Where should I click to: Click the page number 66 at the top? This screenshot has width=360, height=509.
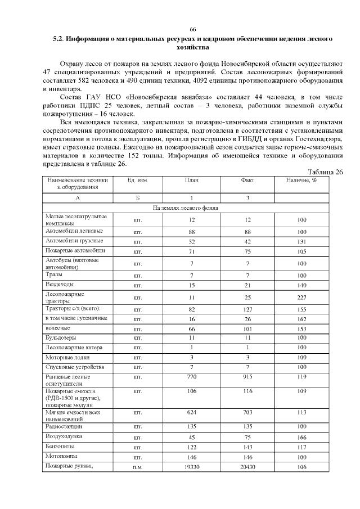(x=192, y=29)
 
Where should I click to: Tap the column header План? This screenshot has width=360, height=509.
(x=191, y=181)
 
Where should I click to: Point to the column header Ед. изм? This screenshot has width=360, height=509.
(x=138, y=181)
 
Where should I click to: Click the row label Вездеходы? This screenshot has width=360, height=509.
(x=60, y=285)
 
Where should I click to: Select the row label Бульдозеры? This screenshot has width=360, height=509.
(x=61, y=337)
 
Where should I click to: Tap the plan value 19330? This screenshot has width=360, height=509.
(x=191, y=467)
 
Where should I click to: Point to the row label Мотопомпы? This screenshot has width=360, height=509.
(x=62, y=456)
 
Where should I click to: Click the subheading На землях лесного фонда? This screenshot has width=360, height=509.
(x=186, y=208)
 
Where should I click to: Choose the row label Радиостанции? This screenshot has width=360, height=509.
(x=64, y=426)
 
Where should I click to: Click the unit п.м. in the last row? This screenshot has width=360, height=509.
(x=138, y=467)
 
